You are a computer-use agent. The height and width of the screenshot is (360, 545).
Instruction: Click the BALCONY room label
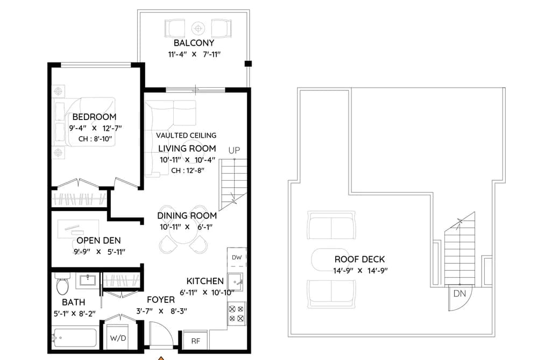point(194,43)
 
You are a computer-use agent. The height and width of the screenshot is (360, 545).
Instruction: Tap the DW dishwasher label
point(237,258)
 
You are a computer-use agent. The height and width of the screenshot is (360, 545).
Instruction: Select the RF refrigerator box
point(196,341)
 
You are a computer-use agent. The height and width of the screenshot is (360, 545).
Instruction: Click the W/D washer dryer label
point(118,338)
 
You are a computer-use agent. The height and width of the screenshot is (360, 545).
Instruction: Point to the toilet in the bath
point(62,283)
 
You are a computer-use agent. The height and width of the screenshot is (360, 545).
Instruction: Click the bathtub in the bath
point(74,338)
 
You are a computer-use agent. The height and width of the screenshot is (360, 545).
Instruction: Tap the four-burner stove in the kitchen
point(236,313)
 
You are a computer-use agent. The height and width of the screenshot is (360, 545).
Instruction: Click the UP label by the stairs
point(234,150)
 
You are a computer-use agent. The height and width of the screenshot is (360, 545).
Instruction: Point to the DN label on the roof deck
point(459,294)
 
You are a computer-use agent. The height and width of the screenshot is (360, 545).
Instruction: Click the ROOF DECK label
point(360,259)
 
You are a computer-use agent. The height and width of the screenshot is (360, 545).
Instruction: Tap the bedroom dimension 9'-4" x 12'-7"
point(95,128)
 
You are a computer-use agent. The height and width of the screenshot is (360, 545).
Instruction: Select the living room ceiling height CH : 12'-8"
point(188,171)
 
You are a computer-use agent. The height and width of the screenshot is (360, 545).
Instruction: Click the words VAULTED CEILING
point(186,136)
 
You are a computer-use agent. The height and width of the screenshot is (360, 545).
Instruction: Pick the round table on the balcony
point(198,29)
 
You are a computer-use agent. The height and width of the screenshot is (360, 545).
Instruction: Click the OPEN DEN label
point(98,241)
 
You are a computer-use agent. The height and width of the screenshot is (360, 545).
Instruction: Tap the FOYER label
point(160,300)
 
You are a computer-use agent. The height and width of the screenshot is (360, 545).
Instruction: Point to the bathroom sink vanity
point(88,280)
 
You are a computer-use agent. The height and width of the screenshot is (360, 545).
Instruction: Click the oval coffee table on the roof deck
point(330,259)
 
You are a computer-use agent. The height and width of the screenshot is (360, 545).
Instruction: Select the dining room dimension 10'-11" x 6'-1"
point(186,227)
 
